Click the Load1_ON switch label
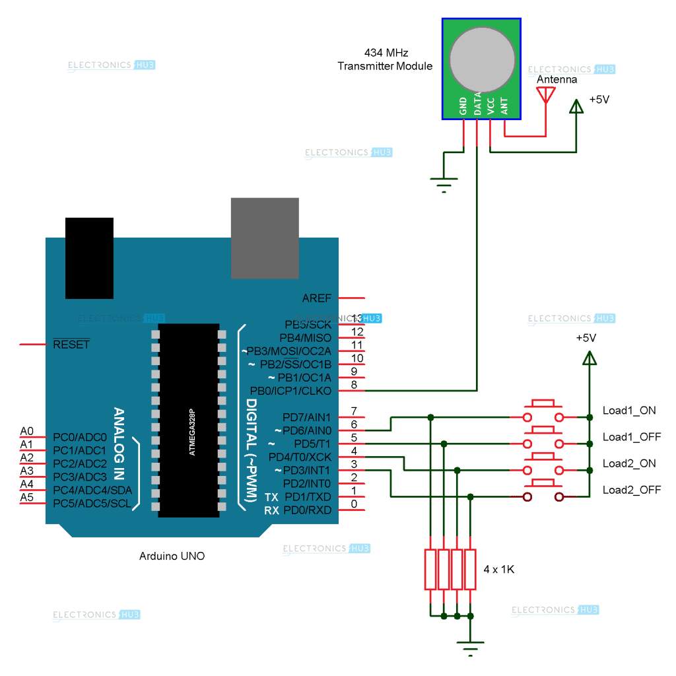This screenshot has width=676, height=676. coord(628,410)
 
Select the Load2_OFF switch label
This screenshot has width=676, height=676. coord(631,490)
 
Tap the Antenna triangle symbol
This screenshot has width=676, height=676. coord(545,95)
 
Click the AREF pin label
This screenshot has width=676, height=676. coord(316,298)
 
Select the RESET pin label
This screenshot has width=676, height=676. coord(71,345)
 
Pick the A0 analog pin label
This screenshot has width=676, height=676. coord(26,430)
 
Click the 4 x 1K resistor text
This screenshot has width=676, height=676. coord(498,569)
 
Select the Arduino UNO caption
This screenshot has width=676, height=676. coord(172,556)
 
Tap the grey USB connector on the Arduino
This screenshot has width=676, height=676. coord(265,238)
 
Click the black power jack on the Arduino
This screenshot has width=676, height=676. coord(89,257)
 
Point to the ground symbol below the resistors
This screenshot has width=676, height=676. coord(470,647)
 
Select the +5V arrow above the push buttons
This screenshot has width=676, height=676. coord(589,357)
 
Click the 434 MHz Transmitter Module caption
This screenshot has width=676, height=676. coord(385,59)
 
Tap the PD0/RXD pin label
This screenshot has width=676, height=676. coord(306,510)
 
